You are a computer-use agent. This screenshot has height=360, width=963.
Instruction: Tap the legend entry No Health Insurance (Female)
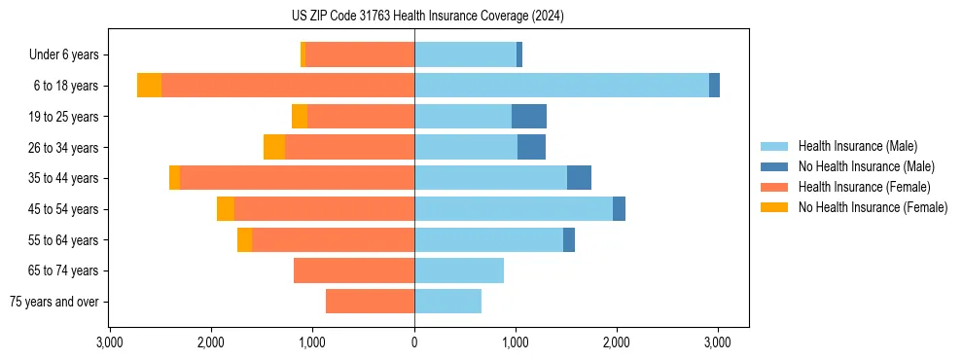[873, 207]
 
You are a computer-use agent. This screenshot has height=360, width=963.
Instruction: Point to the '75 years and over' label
[54, 302]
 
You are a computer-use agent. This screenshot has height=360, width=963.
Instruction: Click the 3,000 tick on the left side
[110, 342]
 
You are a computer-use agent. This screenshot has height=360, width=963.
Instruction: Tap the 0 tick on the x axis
[414, 342]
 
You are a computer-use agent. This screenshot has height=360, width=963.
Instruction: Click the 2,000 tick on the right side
[617, 342]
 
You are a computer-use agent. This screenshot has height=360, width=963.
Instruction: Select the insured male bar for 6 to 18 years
[561, 86]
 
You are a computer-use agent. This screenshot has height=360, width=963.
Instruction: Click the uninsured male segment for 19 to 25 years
[529, 117]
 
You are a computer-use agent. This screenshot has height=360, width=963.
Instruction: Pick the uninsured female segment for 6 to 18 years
[149, 86]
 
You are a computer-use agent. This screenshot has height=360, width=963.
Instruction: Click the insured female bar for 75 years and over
[370, 302]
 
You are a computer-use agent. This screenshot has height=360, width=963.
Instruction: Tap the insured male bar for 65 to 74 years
[459, 270]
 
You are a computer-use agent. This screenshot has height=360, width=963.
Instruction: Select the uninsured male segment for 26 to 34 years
[531, 147]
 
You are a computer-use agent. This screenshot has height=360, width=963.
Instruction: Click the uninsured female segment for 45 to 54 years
[226, 209]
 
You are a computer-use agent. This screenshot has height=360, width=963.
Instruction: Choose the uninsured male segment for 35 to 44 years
[579, 178]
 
